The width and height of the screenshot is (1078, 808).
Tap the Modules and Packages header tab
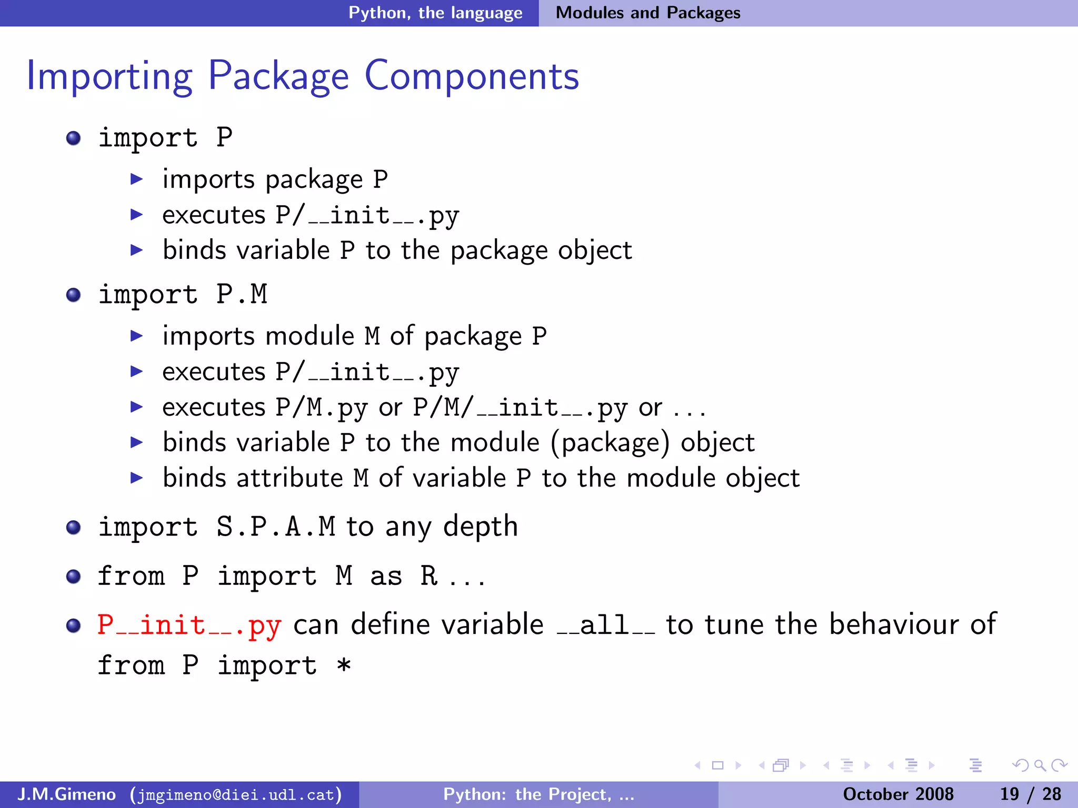click(648, 13)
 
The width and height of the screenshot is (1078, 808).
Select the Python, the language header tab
click(435, 13)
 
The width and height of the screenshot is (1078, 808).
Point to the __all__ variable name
click(606, 625)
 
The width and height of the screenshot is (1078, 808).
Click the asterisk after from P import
click(344, 665)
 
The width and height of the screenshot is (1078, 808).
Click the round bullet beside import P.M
click(74, 295)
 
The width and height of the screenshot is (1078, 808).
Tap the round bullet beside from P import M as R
click(74, 577)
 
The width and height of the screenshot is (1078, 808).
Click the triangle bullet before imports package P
click(137, 179)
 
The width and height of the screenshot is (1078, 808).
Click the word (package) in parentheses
click(610, 442)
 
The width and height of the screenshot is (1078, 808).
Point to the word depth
click(481, 527)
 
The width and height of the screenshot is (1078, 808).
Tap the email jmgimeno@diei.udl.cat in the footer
click(236, 794)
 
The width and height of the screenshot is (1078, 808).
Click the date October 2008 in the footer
click(898, 794)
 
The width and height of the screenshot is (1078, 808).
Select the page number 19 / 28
click(1030, 794)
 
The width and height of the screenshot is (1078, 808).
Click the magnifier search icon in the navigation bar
click(1040, 765)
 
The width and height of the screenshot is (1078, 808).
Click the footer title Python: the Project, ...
click(538, 794)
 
